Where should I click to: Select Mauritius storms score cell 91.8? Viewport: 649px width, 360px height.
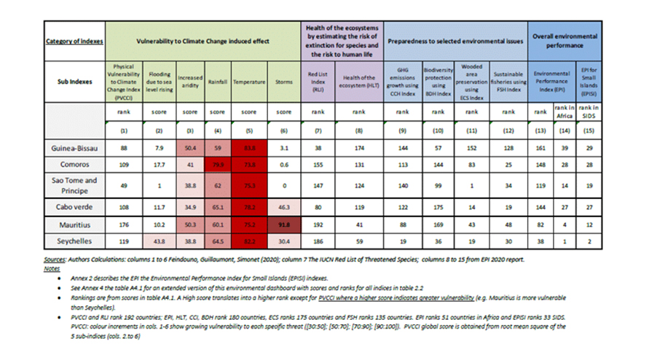(x=284, y=225)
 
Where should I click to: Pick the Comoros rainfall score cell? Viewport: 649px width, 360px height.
(x=216, y=165)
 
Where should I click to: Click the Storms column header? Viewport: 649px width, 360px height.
(x=284, y=82)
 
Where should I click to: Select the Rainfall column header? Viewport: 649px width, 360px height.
(x=216, y=82)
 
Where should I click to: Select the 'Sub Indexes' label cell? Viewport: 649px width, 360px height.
(x=76, y=82)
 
